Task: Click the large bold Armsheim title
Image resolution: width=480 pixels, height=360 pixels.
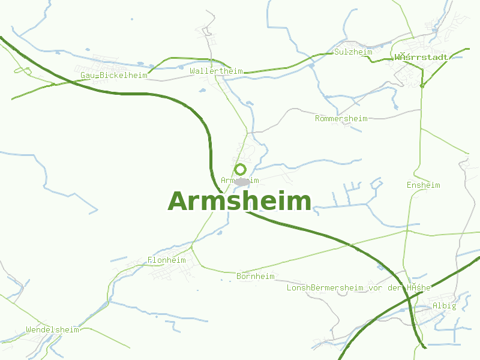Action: [x=239, y=202]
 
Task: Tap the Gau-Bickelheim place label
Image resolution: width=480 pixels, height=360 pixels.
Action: [x=114, y=76]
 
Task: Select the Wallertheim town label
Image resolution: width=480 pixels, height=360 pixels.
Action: [x=216, y=71]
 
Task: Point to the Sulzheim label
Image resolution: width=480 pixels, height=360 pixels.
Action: [x=353, y=52]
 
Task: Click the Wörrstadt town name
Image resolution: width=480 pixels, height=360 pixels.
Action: [x=422, y=58]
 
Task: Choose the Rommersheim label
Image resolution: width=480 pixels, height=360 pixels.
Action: [x=341, y=119]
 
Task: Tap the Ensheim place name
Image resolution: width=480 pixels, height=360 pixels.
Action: [x=423, y=185]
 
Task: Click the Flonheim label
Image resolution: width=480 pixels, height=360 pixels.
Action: [x=167, y=260]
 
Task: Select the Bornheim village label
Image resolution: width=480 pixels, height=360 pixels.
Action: [x=256, y=277]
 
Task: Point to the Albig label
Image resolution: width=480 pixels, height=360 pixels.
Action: [x=444, y=306]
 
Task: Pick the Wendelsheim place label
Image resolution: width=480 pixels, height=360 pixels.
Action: [x=53, y=330]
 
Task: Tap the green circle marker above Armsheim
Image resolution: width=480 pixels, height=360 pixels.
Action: [x=241, y=169]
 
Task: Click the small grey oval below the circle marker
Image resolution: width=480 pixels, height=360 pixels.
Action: [x=242, y=181]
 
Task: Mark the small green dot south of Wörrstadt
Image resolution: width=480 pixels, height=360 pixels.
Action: [x=422, y=86]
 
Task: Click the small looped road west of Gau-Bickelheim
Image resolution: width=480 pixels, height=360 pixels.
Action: [x=22, y=71]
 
